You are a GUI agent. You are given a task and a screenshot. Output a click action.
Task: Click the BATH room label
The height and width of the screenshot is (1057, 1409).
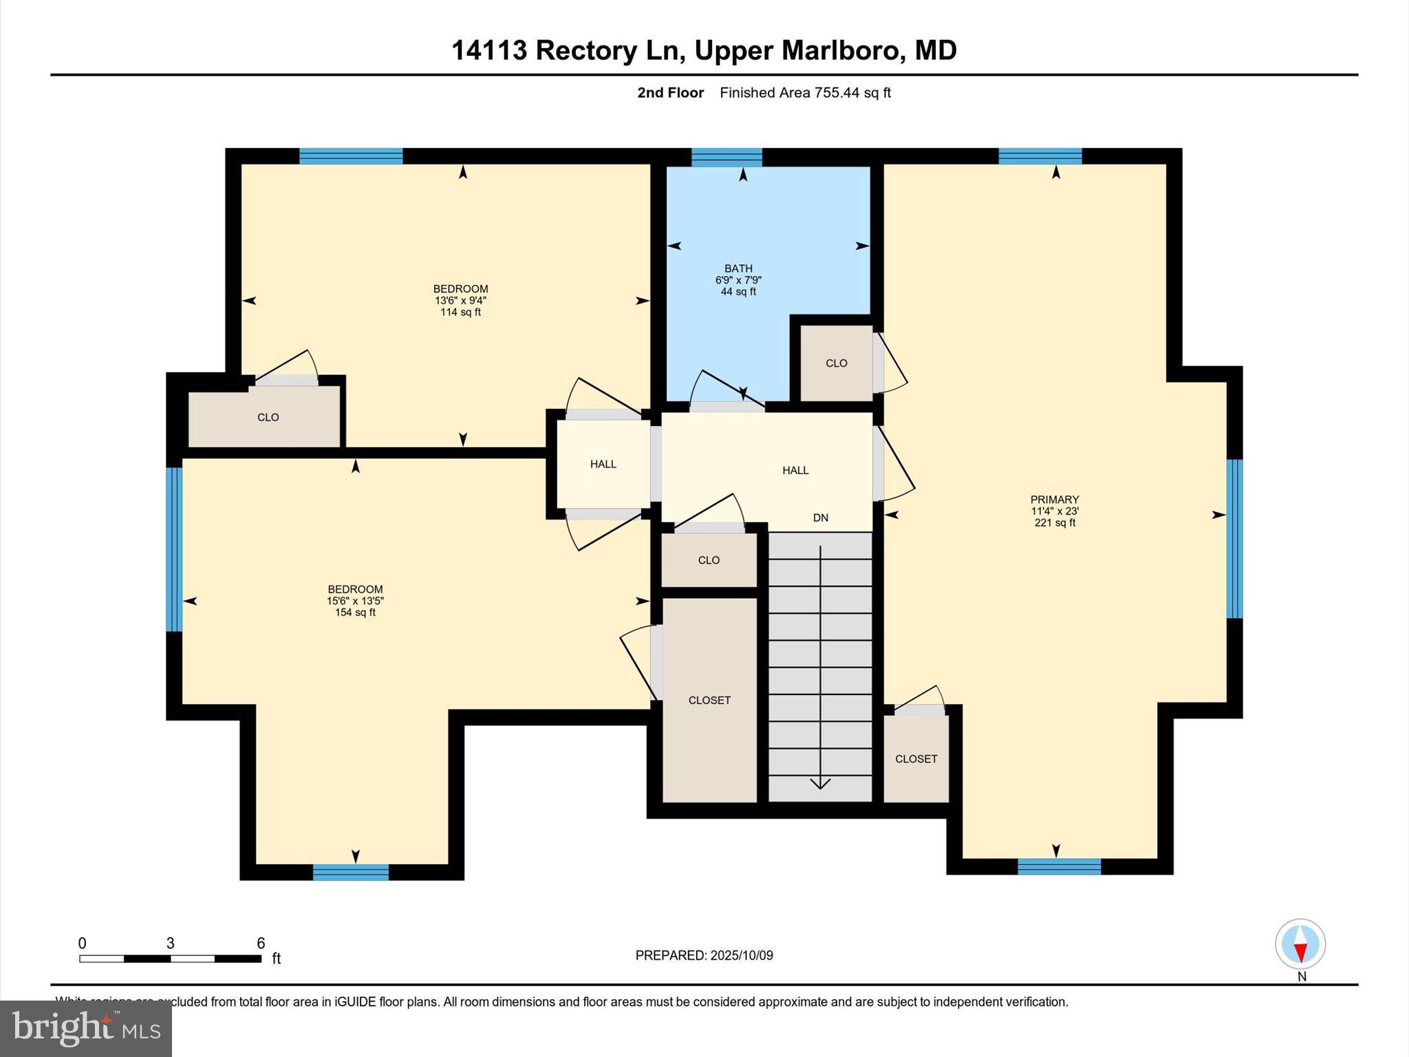738,269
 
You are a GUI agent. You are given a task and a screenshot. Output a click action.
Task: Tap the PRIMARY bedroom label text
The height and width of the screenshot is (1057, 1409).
1054,500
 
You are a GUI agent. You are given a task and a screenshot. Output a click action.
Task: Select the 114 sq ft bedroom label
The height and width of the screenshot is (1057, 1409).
460,301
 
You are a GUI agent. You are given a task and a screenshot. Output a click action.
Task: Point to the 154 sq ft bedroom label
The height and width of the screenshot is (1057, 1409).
355,601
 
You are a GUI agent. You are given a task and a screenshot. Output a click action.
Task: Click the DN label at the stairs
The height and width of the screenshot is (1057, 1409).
820,517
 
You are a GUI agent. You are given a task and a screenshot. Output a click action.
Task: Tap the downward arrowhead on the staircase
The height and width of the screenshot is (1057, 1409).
820,783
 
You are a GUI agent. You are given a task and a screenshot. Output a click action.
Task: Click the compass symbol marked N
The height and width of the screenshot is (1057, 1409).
1300,944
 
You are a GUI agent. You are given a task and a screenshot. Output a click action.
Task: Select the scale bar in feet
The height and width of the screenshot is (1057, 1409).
170,958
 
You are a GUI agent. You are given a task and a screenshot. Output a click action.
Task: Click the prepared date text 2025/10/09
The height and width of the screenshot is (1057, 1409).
704,955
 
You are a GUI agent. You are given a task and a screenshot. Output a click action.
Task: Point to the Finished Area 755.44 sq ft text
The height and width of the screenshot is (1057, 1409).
805,93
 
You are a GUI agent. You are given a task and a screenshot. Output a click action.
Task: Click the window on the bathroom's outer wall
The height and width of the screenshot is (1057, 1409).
727,157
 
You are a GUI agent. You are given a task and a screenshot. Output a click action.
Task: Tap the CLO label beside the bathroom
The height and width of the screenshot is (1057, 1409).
836,363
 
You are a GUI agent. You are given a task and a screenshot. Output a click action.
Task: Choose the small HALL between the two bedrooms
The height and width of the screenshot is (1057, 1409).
603,465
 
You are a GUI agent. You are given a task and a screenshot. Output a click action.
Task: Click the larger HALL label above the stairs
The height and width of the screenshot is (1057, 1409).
795,471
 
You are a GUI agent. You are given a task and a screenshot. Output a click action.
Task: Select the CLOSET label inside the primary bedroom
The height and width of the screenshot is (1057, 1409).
916,759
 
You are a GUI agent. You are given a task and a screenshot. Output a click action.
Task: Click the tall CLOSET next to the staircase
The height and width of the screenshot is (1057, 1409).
709,701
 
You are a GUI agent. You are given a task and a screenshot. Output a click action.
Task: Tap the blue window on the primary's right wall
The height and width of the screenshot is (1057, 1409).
1235,538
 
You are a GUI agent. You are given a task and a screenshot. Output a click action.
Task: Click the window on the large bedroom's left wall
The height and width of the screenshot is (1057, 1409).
174,549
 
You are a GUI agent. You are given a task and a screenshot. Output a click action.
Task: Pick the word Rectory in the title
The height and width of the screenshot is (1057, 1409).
586,50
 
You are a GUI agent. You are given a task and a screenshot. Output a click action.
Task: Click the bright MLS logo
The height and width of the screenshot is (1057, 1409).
86,1028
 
